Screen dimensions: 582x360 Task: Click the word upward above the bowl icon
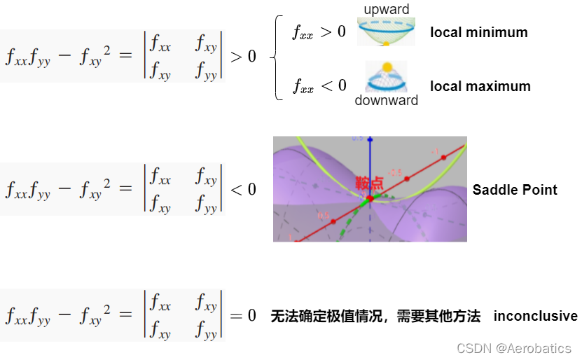tap(387, 9)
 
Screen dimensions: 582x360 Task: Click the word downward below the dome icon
tap(386, 100)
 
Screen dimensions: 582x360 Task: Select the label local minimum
tap(478, 32)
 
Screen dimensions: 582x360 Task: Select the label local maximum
tap(480, 86)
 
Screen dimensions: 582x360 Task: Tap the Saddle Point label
tap(515, 190)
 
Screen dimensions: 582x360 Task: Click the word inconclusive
tap(535, 316)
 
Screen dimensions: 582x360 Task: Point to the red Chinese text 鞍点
tap(369, 184)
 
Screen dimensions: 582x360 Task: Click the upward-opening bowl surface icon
tap(386, 32)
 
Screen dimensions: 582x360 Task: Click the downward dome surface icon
tap(386, 78)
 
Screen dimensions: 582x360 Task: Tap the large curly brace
tap(277, 57)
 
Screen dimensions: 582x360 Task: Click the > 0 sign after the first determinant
tap(243, 56)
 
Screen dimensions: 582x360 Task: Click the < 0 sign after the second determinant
tap(243, 189)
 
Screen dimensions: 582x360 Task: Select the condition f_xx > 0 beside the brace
tap(319, 32)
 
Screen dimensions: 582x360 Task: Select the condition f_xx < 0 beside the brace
tap(319, 85)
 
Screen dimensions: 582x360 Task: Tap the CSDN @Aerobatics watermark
tap(513, 348)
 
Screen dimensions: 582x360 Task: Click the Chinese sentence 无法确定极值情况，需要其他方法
tap(375, 316)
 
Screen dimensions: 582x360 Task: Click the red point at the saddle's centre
tap(370, 198)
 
